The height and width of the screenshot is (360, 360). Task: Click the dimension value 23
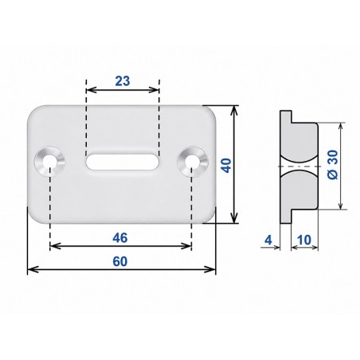click(x=123, y=80)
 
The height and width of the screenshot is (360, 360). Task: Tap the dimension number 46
click(x=120, y=238)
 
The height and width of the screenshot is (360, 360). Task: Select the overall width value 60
click(x=120, y=261)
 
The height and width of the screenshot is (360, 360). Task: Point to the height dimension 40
click(x=226, y=166)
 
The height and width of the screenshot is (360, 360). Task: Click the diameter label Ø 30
click(x=333, y=165)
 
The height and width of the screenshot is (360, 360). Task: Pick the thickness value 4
click(x=268, y=240)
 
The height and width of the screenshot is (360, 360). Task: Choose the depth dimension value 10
click(x=304, y=240)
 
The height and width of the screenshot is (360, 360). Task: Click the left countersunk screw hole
click(x=50, y=162)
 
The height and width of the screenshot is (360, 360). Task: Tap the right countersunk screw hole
click(x=193, y=162)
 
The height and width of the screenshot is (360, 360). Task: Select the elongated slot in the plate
click(x=123, y=162)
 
